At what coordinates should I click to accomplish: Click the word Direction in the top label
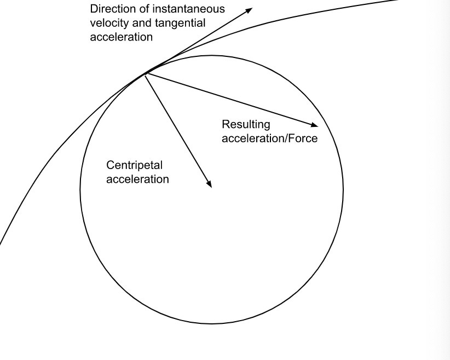tap(110, 9)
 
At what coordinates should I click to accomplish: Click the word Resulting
tap(246, 125)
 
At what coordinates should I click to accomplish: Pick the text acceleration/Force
tap(269, 138)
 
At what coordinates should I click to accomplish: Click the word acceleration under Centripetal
tap(137, 179)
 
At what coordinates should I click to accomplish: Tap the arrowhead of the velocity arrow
tap(250, 10)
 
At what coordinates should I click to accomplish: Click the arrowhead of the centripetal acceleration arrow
tap(209, 185)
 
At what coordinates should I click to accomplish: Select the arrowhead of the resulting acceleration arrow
tap(315, 125)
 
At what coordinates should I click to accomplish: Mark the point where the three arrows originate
tap(146, 73)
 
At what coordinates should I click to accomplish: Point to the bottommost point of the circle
tap(212, 323)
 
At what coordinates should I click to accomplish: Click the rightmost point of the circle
tap(343, 190)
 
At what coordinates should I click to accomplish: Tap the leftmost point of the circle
tap(80, 190)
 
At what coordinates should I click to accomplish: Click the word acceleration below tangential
tap(121, 37)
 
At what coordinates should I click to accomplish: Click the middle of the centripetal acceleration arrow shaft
tap(178, 130)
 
